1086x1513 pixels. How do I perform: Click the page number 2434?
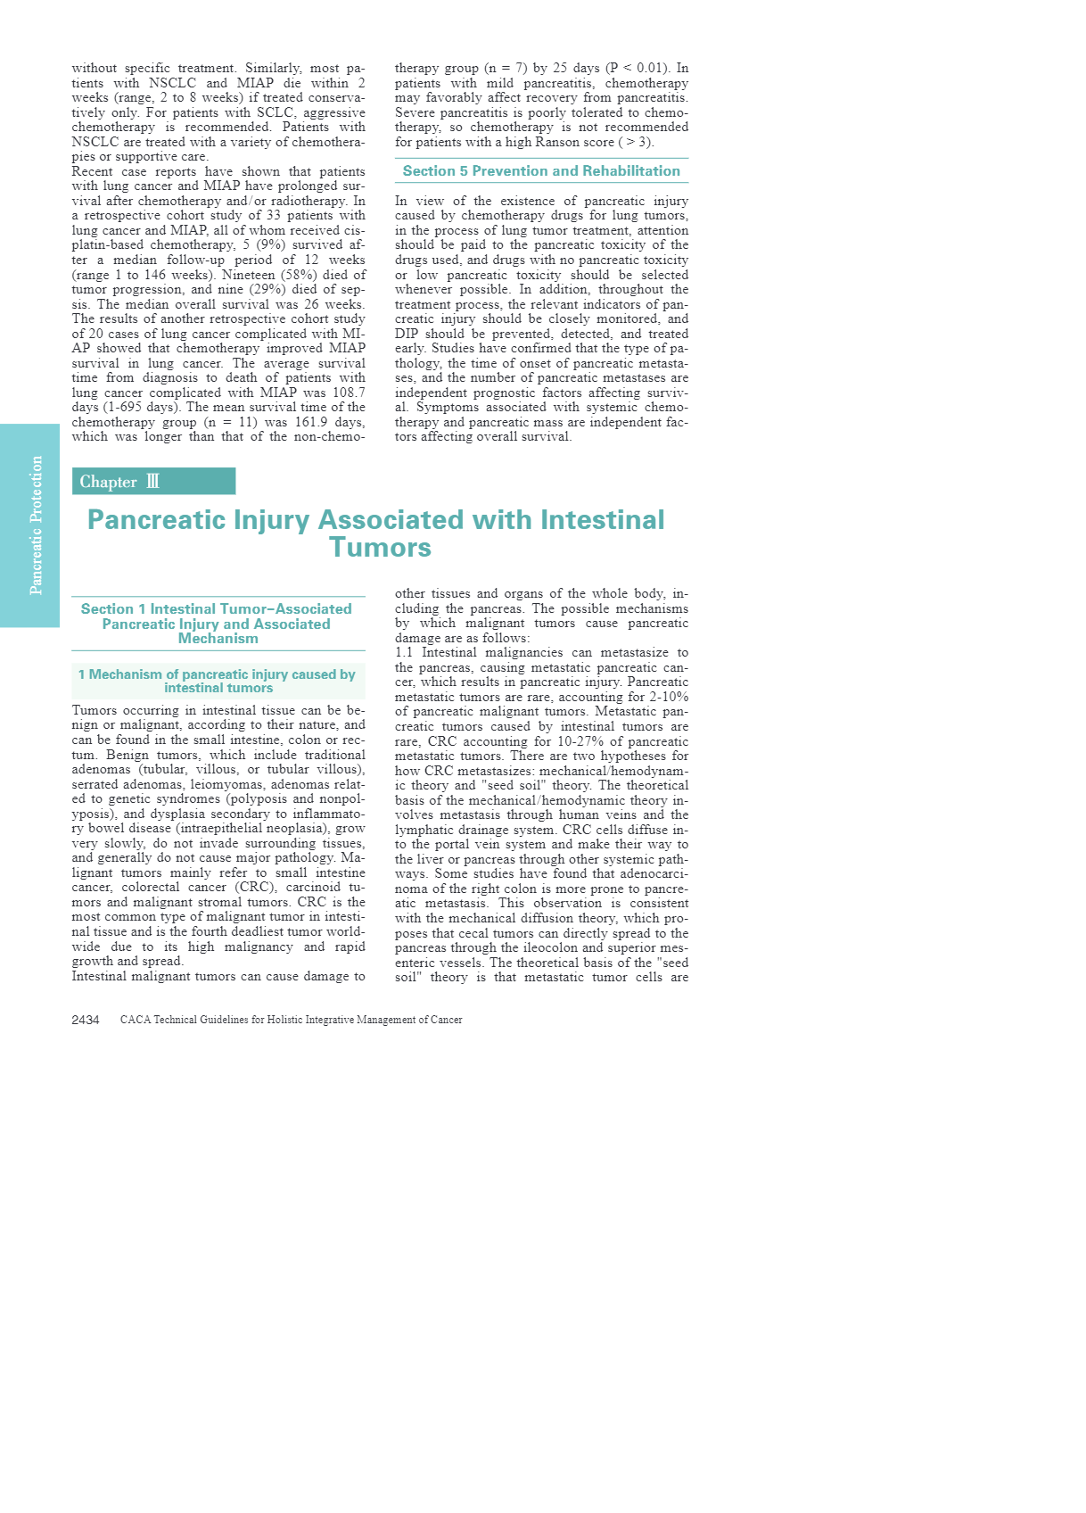[86, 1020]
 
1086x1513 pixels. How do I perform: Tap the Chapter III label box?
[153, 482]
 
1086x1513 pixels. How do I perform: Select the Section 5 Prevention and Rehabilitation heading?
[541, 171]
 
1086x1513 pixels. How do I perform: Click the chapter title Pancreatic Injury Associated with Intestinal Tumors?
[376, 533]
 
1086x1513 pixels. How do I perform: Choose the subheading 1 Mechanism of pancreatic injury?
[217, 681]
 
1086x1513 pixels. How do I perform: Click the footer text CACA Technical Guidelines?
[292, 1020]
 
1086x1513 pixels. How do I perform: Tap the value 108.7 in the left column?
[348, 393]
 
